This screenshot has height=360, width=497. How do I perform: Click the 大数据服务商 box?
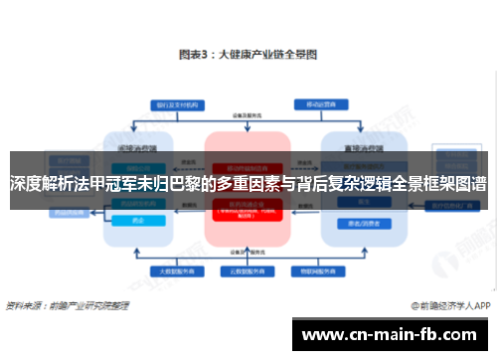pyautogui.click(x=169, y=271)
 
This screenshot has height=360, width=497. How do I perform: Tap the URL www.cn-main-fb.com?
pyautogui.click(x=394, y=333)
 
